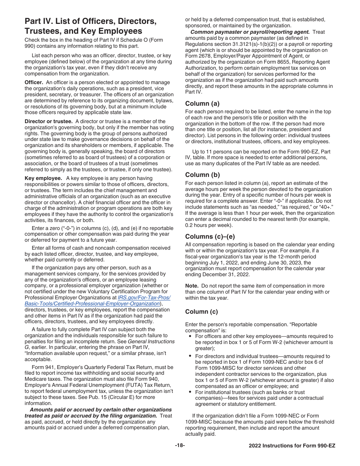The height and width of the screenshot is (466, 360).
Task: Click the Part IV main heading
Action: pos(90,26)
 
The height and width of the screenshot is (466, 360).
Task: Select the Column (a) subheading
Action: pos(202,103)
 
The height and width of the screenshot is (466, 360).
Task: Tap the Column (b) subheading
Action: pos(202,175)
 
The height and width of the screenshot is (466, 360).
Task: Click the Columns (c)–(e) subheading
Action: pos(210,237)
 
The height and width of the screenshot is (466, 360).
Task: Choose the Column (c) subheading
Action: pos(202,312)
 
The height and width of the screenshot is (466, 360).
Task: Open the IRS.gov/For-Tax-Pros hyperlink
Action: pos(144,297)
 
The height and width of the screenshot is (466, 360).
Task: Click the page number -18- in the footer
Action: pos(180,446)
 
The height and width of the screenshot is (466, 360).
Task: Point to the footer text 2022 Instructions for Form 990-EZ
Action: pos(292,446)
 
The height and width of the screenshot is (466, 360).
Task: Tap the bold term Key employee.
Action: pos(43,178)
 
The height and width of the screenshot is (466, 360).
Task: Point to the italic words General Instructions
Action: pos(151,341)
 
